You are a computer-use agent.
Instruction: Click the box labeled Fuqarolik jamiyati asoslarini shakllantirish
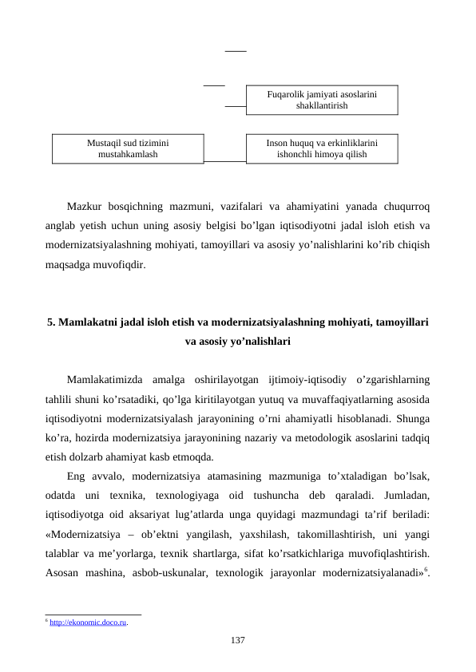pos(321,100)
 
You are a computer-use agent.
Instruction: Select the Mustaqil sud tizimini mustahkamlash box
pos(128,148)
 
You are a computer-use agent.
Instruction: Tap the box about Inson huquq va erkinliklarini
pos(321,148)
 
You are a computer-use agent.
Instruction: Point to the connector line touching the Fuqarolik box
pos(235,105)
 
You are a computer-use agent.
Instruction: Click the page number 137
pos(237,640)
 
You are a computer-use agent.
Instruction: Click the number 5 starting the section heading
pos(51,323)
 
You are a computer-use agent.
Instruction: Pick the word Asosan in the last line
pos(62,571)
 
